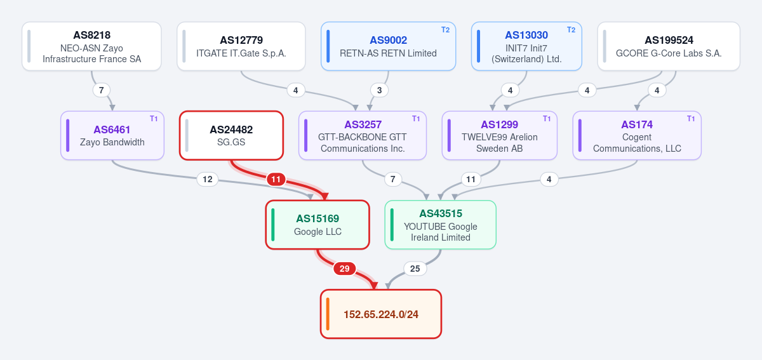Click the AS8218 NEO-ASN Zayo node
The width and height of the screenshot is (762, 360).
(91, 46)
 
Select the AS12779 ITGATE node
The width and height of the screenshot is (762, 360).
(241, 46)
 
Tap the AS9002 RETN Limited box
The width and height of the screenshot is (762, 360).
(388, 46)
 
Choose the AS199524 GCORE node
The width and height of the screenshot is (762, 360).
(669, 46)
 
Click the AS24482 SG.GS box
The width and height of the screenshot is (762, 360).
(231, 135)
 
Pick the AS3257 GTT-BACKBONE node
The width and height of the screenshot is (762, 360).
(363, 135)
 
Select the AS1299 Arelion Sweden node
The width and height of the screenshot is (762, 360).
(499, 135)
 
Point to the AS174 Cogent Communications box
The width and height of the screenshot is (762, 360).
(637, 135)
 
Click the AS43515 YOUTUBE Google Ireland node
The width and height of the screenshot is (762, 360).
(441, 225)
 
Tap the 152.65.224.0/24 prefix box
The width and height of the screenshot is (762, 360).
(381, 314)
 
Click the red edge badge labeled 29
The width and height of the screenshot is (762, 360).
(344, 269)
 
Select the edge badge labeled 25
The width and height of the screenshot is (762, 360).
(415, 269)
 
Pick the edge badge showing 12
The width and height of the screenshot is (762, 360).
(208, 179)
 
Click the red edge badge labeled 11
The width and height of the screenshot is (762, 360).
(276, 179)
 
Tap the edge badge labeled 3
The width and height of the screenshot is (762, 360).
(379, 90)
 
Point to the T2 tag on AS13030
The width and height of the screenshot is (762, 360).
(571, 30)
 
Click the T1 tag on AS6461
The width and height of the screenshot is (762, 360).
(154, 119)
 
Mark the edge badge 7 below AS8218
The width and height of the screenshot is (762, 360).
(102, 90)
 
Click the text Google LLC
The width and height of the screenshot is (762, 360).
(317, 232)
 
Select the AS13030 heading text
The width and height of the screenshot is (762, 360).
(526, 35)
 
